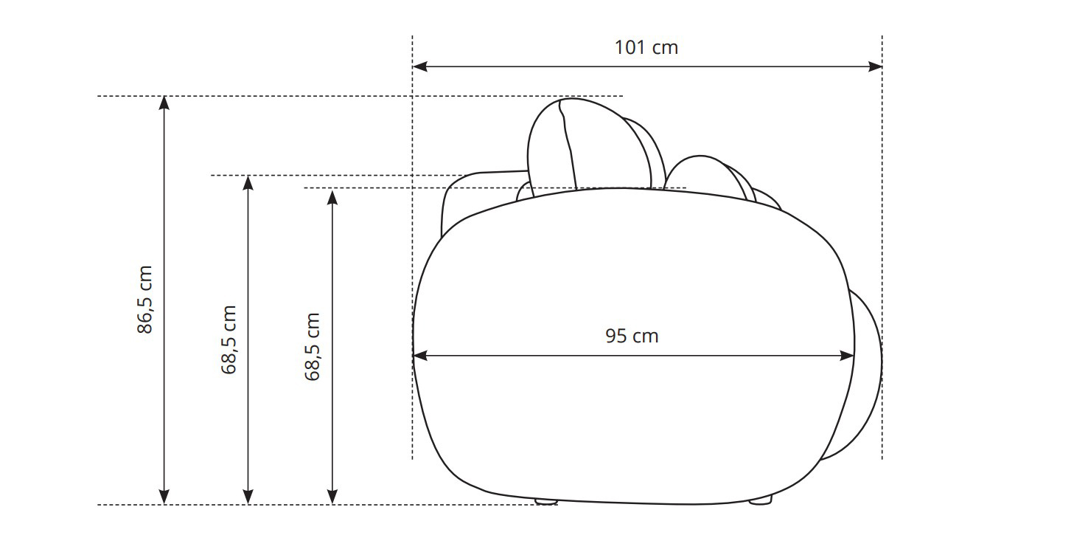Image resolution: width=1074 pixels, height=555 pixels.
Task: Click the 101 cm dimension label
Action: pyautogui.click(x=646, y=47)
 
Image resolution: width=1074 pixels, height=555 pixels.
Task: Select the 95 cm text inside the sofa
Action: pyautogui.click(x=632, y=336)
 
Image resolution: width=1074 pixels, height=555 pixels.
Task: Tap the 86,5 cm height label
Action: pyautogui.click(x=144, y=300)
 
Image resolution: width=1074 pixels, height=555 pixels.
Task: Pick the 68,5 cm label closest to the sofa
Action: pyautogui.click(x=312, y=347)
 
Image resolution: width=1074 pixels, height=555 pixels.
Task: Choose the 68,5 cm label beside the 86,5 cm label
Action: pyautogui.click(x=229, y=340)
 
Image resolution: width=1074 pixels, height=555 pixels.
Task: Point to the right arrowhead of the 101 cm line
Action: pyautogui.click(x=875, y=66)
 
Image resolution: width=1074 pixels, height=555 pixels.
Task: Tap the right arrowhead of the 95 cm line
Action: pyautogui.click(x=847, y=356)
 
